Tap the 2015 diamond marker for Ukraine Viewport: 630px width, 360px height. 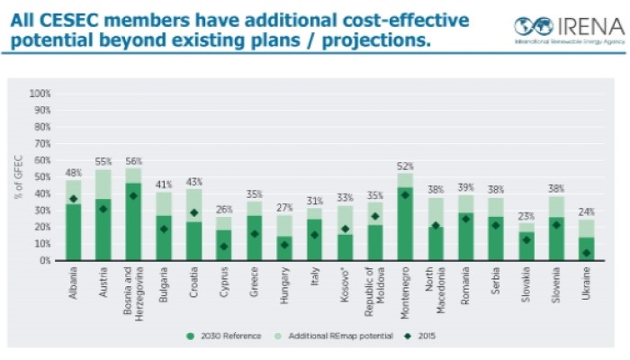(586, 253)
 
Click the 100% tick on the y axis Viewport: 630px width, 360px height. (40, 93)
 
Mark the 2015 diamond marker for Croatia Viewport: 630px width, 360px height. (194, 213)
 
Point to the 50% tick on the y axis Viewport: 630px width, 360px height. (41, 176)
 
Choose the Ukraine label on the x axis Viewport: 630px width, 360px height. (586, 283)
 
